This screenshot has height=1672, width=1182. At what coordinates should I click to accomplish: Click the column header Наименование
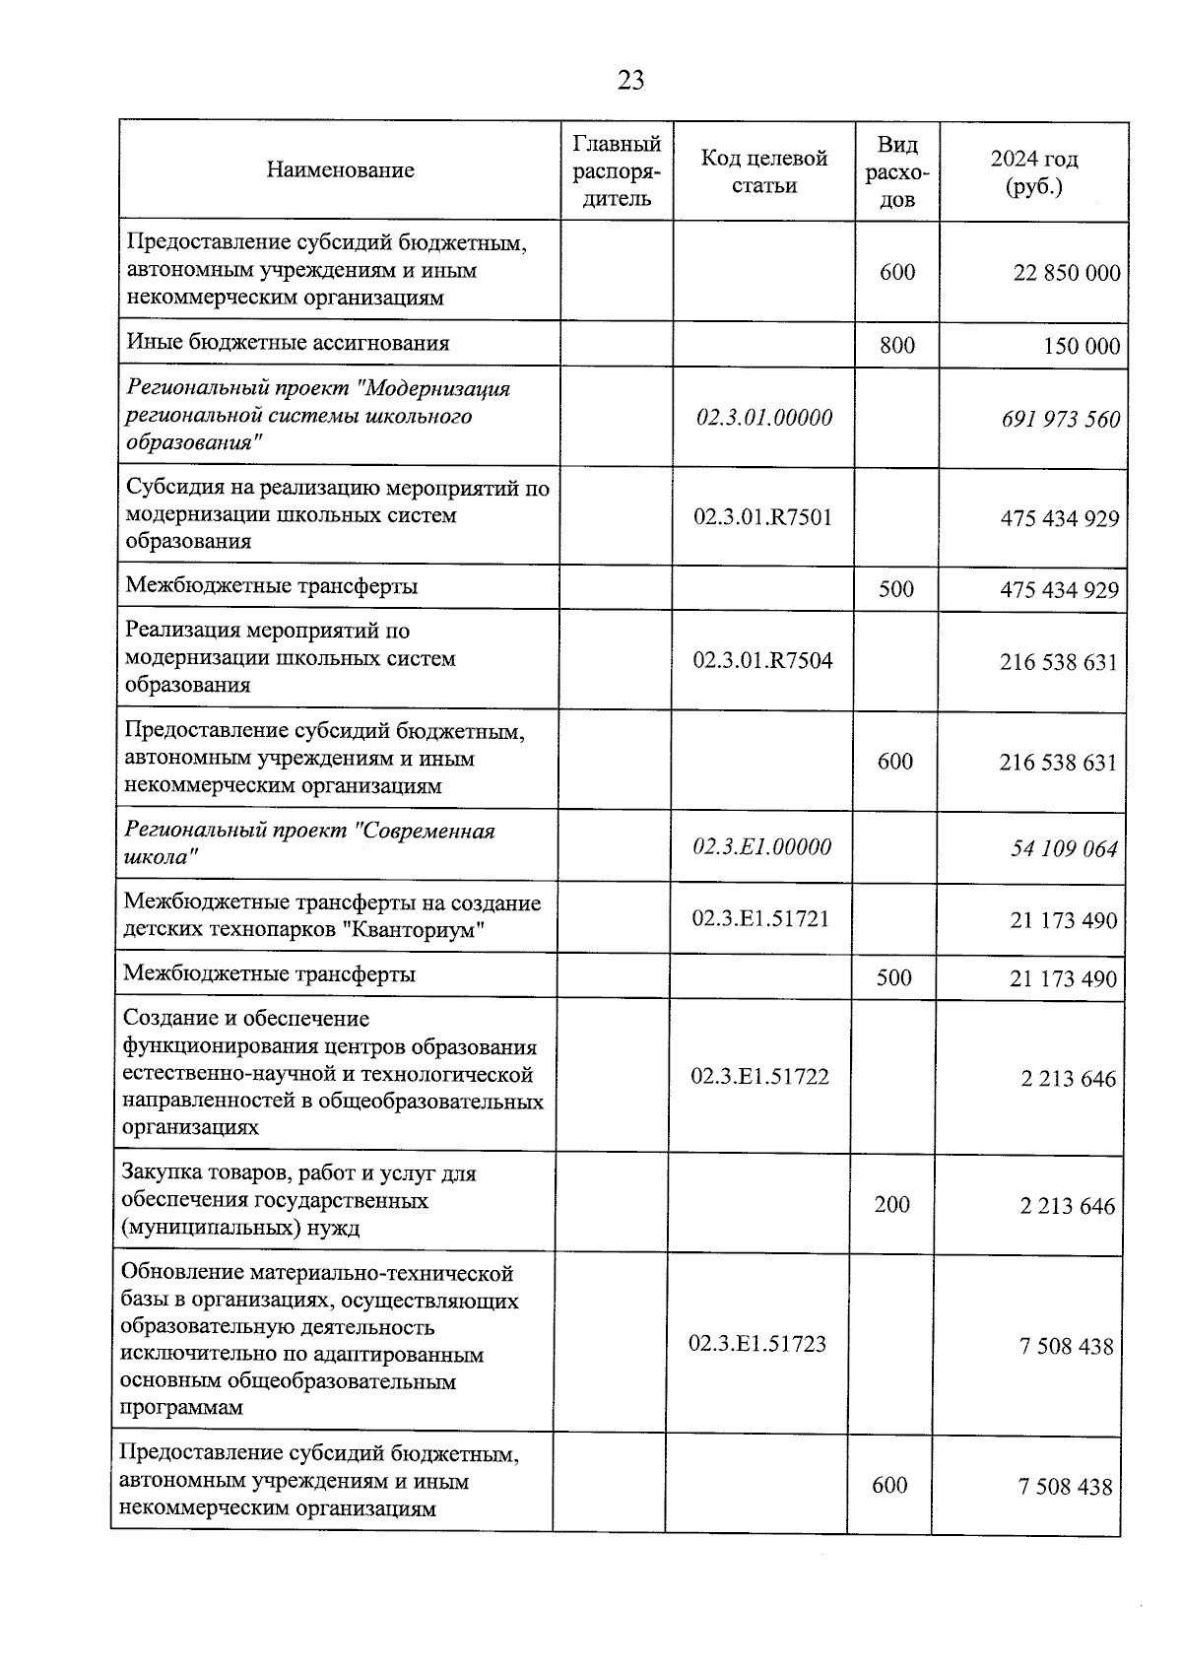pos(340,170)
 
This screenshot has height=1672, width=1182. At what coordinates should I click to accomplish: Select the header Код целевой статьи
pos(763,171)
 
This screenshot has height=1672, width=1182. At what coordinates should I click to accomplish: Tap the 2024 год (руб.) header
pos(1033,172)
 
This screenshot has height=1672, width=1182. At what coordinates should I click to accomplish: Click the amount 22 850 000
pos(1066,273)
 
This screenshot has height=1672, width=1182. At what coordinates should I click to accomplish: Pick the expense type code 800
pos(896,345)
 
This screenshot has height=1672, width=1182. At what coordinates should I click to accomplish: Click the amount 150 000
pos(1082,346)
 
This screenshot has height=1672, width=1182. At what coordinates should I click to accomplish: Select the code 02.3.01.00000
pos(763,417)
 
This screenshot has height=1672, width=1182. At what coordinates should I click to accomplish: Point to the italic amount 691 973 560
pos(1060,420)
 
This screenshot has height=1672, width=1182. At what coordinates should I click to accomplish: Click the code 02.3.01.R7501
pos(762,517)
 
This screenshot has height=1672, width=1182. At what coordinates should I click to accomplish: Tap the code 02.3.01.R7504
pos(761,660)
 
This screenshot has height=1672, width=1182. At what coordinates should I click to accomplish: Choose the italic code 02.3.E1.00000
pos(760,846)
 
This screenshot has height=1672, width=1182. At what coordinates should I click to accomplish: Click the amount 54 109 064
pos(1064,849)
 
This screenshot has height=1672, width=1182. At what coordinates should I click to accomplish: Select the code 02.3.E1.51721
pos(759,918)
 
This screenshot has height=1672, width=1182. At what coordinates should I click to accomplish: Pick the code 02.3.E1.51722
pos(759,1076)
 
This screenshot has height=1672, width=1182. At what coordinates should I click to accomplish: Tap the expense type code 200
pos(891,1204)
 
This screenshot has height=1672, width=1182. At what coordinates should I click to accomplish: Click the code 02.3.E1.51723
pos(756,1344)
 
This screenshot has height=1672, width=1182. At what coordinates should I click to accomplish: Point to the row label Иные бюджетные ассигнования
pos(288,343)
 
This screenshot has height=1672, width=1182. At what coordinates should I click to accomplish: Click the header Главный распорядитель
pos(617,171)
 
